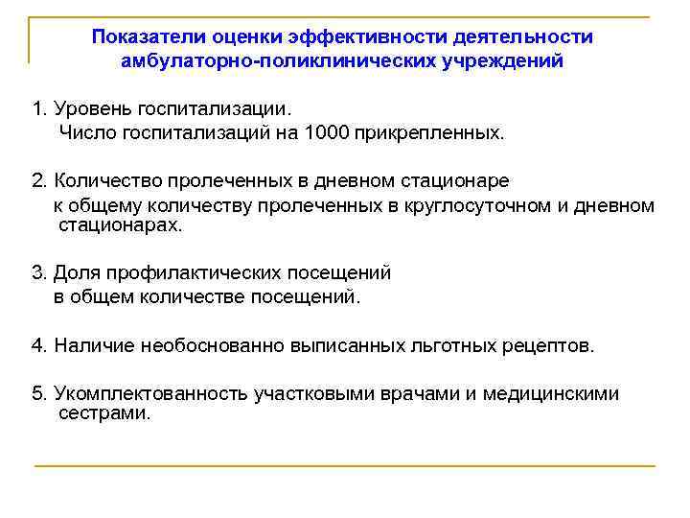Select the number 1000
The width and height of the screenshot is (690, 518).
click(326, 131)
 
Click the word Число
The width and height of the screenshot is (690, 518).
click(85, 131)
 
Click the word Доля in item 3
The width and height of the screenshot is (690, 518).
click(76, 273)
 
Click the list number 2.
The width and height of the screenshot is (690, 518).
click(38, 180)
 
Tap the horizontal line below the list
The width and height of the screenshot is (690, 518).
click(344, 466)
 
